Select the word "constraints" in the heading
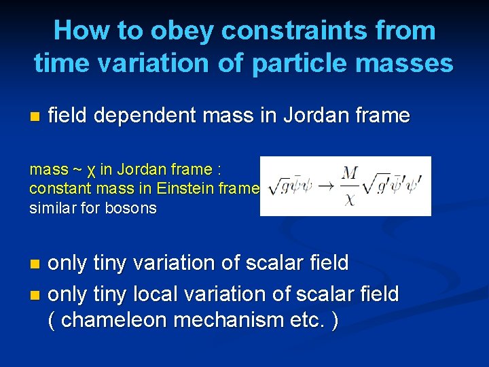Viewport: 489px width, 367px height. coord(295,31)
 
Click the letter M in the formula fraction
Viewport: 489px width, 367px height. coord(349,175)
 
